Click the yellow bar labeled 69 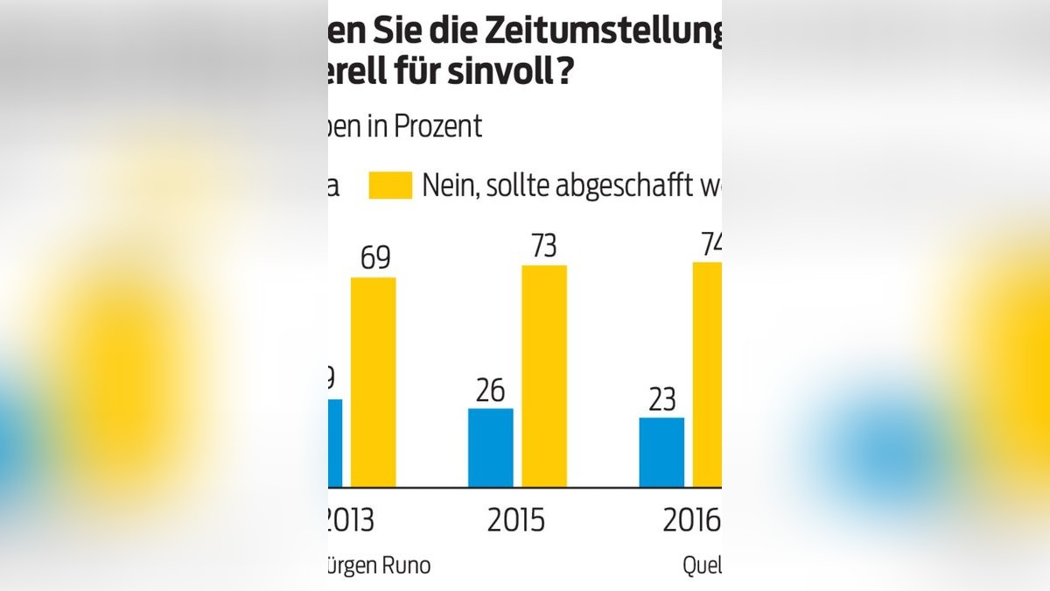pyautogui.click(x=374, y=382)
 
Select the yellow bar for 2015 pyautogui.click(x=544, y=376)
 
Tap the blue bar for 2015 pyautogui.click(x=491, y=447)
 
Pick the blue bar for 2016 pyautogui.click(x=661, y=453)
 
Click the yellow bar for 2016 pyautogui.click(x=707, y=375)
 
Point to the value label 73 pyautogui.click(x=544, y=246)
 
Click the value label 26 pyautogui.click(x=491, y=390)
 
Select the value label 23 pyautogui.click(x=661, y=399)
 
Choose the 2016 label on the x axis pyautogui.click(x=691, y=520)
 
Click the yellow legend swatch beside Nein pyautogui.click(x=390, y=186)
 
